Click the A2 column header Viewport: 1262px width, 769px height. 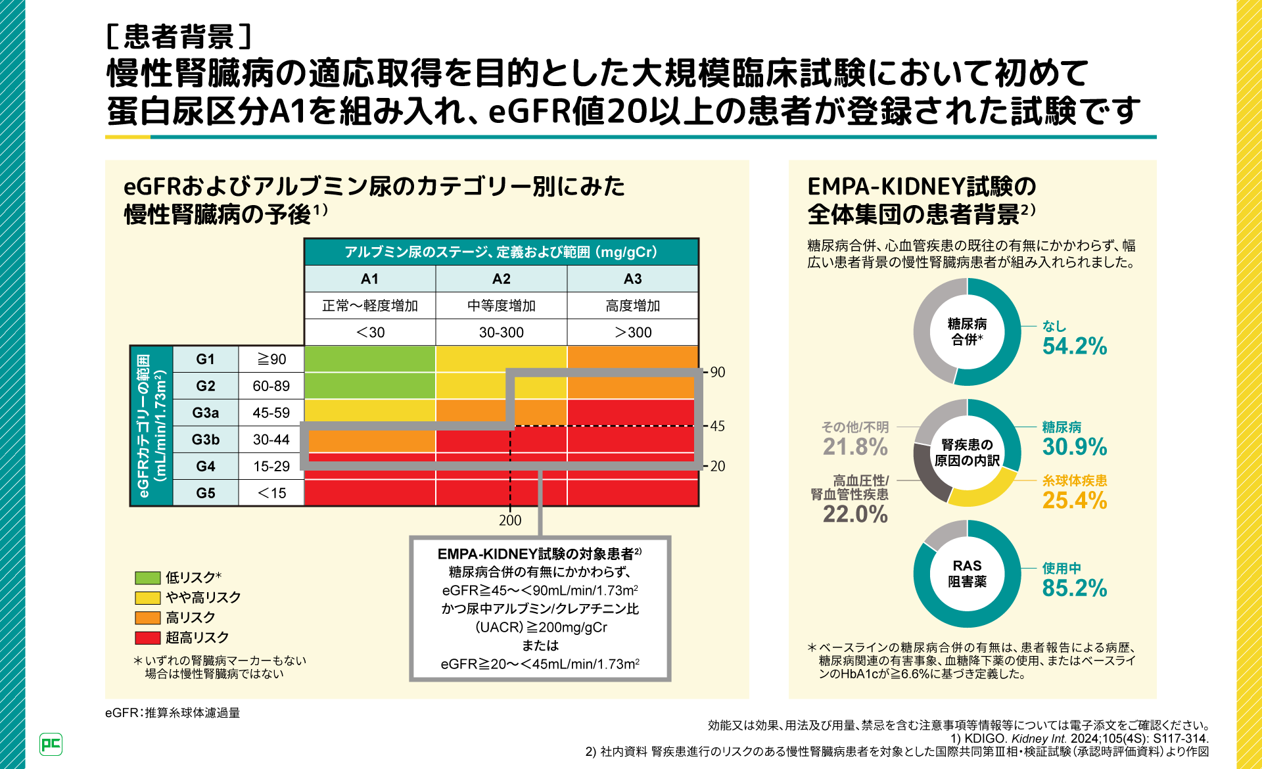pyautogui.click(x=501, y=279)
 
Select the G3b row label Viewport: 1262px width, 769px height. pyautogui.click(x=205, y=439)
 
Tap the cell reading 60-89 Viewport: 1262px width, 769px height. pyautogui.click(x=271, y=386)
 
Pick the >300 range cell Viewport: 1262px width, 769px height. pyautogui.click(x=632, y=333)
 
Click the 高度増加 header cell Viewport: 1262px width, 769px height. pyautogui.click(x=632, y=306)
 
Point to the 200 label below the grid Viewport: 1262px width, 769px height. pyautogui.click(x=510, y=521)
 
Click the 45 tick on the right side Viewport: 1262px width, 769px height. pyautogui.click(x=718, y=426)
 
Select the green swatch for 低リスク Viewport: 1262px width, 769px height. pyautogui.click(x=147, y=578)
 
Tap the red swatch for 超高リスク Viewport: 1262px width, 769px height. pyautogui.click(x=147, y=638)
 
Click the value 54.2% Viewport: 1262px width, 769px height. pyautogui.click(x=1075, y=346)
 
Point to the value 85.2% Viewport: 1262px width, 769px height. pyautogui.click(x=1075, y=588)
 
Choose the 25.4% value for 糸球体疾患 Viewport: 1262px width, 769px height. pyautogui.click(x=1075, y=500)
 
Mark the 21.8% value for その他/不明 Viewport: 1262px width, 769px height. pyautogui.click(x=855, y=447)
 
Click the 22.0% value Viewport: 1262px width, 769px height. pyautogui.click(x=855, y=514)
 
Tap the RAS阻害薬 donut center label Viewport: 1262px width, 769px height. pyautogui.click(x=967, y=574)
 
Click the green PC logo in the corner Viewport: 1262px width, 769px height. pyautogui.click(x=51, y=744)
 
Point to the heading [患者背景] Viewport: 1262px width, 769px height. pyautogui.click(x=179, y=37)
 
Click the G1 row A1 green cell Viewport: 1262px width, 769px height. pyautogui.click(x=369, y=359)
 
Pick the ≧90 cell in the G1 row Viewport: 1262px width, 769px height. pyautogui.click(x=271, y=359)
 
